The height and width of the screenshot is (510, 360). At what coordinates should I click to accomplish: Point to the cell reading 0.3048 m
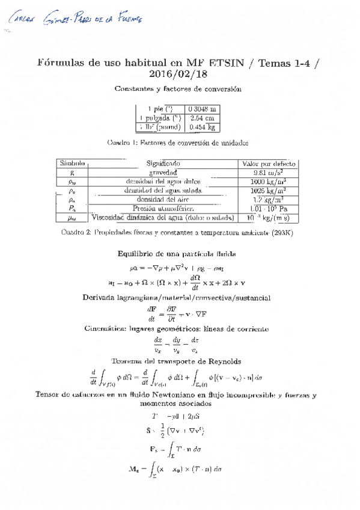click(202, 109)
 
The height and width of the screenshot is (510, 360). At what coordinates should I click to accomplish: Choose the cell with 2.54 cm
click(202, 118)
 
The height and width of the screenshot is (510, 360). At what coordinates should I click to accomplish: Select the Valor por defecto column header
click(268, 163)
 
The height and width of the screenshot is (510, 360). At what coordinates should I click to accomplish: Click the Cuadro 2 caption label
click(76, 233)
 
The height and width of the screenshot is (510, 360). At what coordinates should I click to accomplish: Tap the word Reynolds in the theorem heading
click(222, 361)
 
